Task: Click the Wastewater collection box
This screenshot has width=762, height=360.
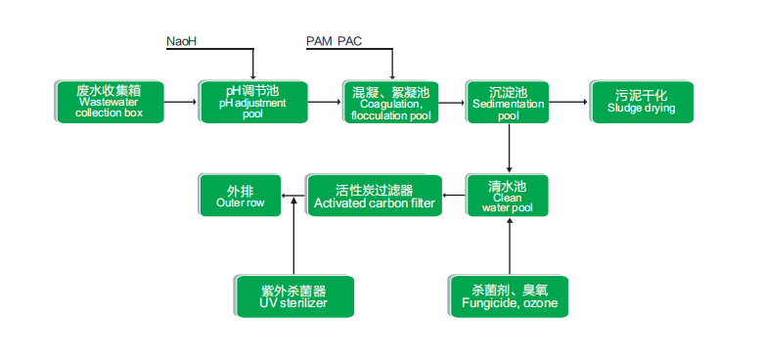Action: click(110, 102)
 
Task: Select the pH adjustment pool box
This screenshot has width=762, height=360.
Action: click(252, 102)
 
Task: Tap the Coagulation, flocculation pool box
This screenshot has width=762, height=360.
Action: click(391, 102)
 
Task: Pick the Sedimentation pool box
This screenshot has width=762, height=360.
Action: click(507, 102)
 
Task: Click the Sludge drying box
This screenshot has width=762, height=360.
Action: click(642, 102)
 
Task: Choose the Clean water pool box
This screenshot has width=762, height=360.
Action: click(507, 196)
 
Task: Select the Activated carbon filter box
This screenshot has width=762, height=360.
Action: click(374, 196)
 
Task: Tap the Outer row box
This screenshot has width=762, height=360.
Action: click(240, 196)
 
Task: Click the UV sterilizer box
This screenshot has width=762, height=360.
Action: click(294, 296)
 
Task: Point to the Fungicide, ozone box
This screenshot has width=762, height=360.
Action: click(509, 296)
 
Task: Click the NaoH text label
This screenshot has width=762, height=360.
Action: click(181, 41)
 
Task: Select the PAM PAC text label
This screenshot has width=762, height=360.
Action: click(334, 41)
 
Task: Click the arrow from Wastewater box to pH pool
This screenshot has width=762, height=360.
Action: click(180, 102)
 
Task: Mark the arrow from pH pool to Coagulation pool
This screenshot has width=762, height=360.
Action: click(325, 102)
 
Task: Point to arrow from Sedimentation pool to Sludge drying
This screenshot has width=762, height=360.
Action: click(568, 102)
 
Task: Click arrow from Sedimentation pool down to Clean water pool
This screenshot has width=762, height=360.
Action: click(510, 148)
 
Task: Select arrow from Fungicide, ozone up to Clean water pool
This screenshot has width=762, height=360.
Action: click(510, 247)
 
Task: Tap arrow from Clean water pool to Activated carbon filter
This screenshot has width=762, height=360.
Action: click(454, 196)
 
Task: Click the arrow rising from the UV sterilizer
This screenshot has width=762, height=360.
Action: click(293, 236)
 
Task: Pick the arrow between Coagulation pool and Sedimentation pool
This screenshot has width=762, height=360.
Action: click(452, 102)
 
